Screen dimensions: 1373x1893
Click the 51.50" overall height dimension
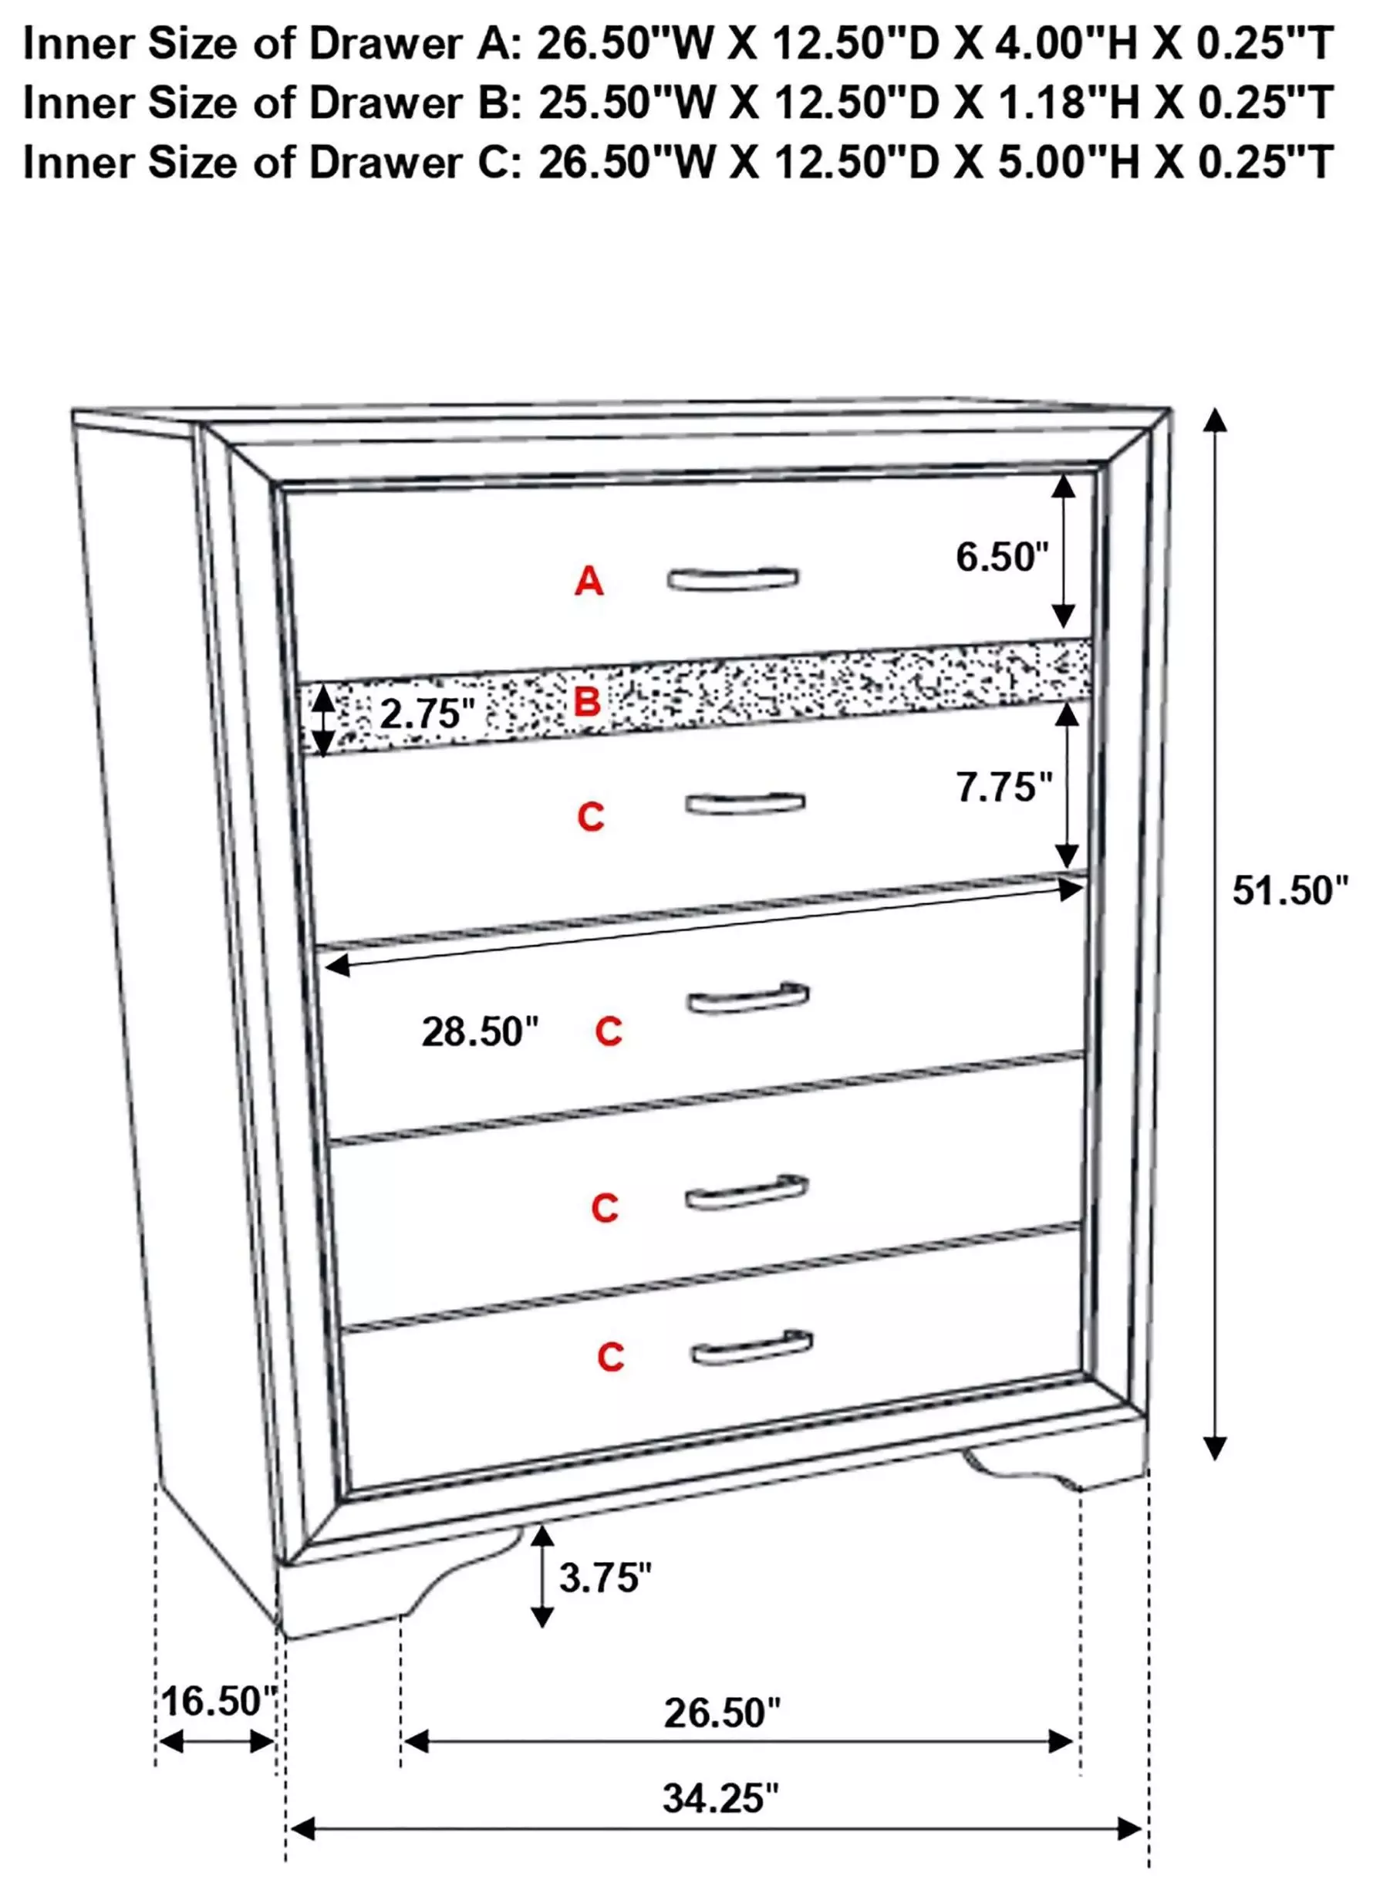[x=1290, y=892]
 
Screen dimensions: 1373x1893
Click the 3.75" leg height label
[x=605, y=1577]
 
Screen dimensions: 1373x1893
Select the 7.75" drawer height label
[x=1004, y=787]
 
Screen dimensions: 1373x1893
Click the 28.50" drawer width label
[x=480, y=1031]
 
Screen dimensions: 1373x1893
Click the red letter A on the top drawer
[x=589, y=581]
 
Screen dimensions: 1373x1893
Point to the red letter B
[x=588, y=703]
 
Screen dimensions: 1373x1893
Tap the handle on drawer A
[x=732, y=579]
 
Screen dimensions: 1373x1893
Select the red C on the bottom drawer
[x=610, y=1357]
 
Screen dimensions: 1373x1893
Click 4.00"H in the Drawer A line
[x=1068, y=43]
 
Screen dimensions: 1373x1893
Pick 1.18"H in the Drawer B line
[x=1069, y=103]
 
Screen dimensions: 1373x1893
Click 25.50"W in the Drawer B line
[x=628, y=103]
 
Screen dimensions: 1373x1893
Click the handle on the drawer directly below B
[x=745, y=802]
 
